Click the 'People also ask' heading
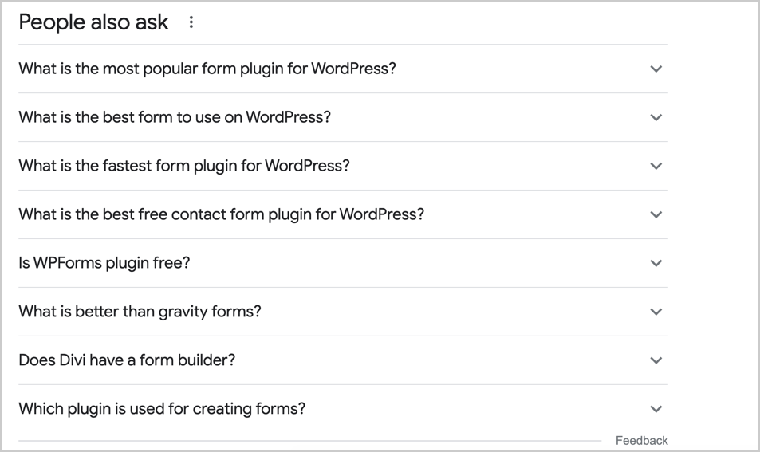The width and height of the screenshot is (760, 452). click(x=93, y=22)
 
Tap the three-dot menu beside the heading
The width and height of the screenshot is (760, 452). click(x=191, y=22)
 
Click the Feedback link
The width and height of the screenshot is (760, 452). click(x=642, y=440)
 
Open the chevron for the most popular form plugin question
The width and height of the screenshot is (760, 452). click(x=656, y=69)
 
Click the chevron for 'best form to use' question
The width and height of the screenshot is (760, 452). click(x=656, y=117)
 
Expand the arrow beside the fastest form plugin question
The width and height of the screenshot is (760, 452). click(x=656, y=166)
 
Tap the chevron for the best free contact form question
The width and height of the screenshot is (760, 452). click(x=656, y=214)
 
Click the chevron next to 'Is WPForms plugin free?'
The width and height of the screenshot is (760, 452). click(x=656, y=263)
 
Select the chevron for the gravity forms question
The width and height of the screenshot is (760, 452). click(x=656, y=312)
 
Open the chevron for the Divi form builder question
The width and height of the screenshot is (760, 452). click(x=656, y=360)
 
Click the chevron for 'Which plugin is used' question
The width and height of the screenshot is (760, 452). click(x=656, y=409)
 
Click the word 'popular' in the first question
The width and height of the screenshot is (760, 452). click(x=170, y=69)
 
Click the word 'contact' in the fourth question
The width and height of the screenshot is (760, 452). click(x=198, y=214)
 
